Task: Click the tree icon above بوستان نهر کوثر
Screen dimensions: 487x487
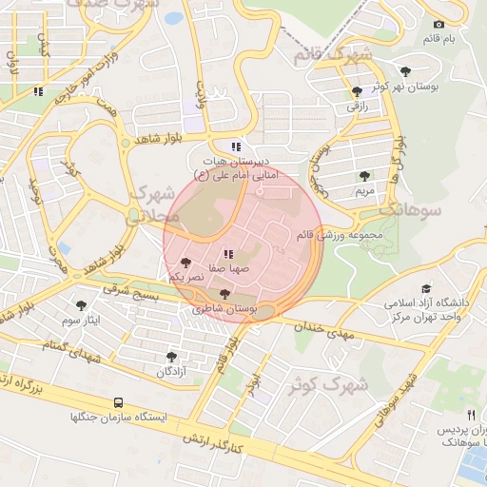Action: (x=407, y=70)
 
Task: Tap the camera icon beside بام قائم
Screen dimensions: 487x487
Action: (x=438, y=24)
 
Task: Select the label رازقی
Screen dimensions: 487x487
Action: (x=357, y=107)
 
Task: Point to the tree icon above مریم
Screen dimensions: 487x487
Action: (x=365, y=176)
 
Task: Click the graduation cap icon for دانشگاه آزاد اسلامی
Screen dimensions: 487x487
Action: (x=426, y=287)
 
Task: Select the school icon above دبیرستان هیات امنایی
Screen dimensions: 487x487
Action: (x=236, y=146)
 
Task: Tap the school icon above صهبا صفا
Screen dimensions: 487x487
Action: (x=227, y=254)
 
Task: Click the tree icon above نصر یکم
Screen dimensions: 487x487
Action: (x=185, y=262)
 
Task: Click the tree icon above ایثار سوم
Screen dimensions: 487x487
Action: (x=81, y=305)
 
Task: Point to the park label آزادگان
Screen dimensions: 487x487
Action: (x=171, y=371)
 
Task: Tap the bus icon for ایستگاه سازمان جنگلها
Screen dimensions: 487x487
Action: (x=118, y=402)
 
